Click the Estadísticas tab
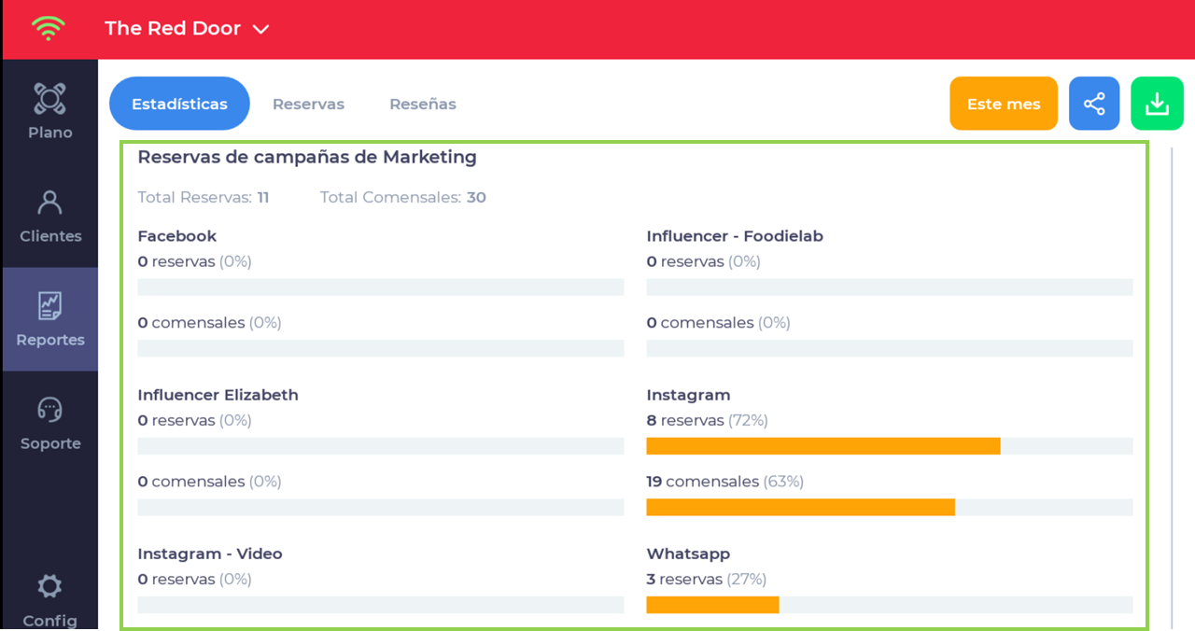(179, 104)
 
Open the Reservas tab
(308, 104)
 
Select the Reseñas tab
(423, 104)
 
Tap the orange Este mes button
(1004, 104)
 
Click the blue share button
(1094, 104)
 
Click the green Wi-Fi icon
(47, 28)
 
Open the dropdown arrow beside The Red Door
(261, 29)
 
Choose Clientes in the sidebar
(50, 216)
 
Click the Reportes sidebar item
(50, 319)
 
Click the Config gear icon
(49, 586)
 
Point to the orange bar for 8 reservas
(822, 446)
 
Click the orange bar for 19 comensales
(800, 507)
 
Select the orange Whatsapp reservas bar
(712, 605)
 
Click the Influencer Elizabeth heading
(218, 395)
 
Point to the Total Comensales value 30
(476, 197)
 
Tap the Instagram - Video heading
(209, 554)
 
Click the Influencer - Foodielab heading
(735, 236)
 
